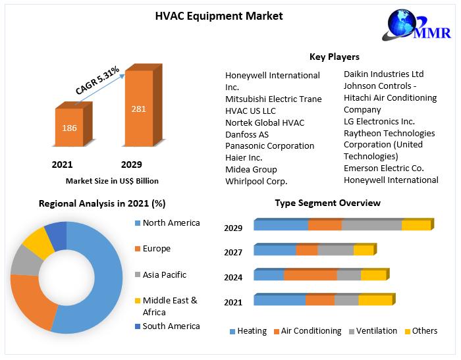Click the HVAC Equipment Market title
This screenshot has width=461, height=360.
[x=219, y=16]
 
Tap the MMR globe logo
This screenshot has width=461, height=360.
[x=416, y=25]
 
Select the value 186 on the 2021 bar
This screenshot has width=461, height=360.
[x=69, y=128]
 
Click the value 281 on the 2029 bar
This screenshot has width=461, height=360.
[x=139, y=109]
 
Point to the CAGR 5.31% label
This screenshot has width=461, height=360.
[x=97, y=80]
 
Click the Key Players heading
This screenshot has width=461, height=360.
[x=335, y=57]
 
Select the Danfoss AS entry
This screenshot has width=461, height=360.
[x=247, y=135]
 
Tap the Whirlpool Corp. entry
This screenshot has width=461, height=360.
[x=256, y=182]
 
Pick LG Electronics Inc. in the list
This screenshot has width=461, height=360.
[x=379, y=121]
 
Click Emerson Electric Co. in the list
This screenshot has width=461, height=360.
[x=384, y=168]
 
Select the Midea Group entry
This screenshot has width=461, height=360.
[x=251, y=170]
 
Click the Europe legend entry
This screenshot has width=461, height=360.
[x=153, y=249]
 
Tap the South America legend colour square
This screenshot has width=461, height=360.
[x=137, y=326]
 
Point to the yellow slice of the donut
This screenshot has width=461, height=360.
[x=39, y=242]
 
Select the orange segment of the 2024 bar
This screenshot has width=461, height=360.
[x=310, y=275]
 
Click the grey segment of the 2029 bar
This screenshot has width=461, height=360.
[x=371, y=224]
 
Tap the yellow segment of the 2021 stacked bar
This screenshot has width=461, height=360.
[x=375, y=299]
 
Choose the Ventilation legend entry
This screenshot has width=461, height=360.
[x=373, y=331]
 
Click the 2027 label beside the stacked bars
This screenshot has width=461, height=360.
[x=233, y=253]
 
